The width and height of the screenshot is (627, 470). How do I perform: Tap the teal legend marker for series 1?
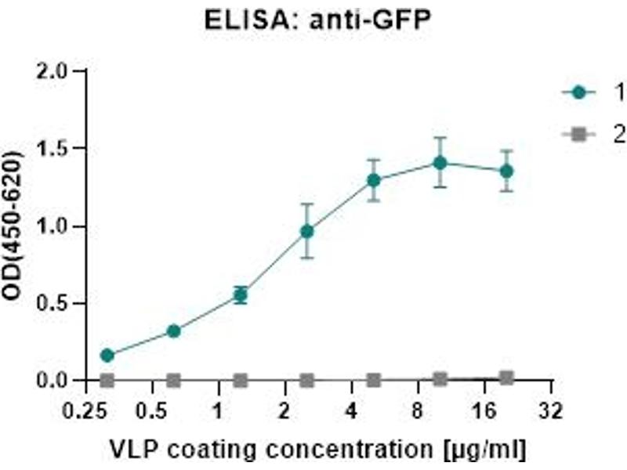[579, 92]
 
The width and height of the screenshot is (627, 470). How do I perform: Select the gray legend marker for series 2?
[579, 135]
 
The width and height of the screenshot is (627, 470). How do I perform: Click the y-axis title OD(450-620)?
[16, 226]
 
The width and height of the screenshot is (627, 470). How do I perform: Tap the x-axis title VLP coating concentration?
[317, 449]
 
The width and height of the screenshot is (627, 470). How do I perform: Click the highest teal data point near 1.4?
[440, 163]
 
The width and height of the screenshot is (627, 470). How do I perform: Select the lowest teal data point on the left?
[107, 356]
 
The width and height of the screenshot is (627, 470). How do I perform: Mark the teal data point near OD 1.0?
[307, 231]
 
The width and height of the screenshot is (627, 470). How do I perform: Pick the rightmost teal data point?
[507, 171]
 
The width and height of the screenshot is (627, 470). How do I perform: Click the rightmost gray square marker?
[507, 378]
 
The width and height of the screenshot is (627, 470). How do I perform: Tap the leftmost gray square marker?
[107, 380]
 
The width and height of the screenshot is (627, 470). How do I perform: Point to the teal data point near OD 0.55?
[241, 295]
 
